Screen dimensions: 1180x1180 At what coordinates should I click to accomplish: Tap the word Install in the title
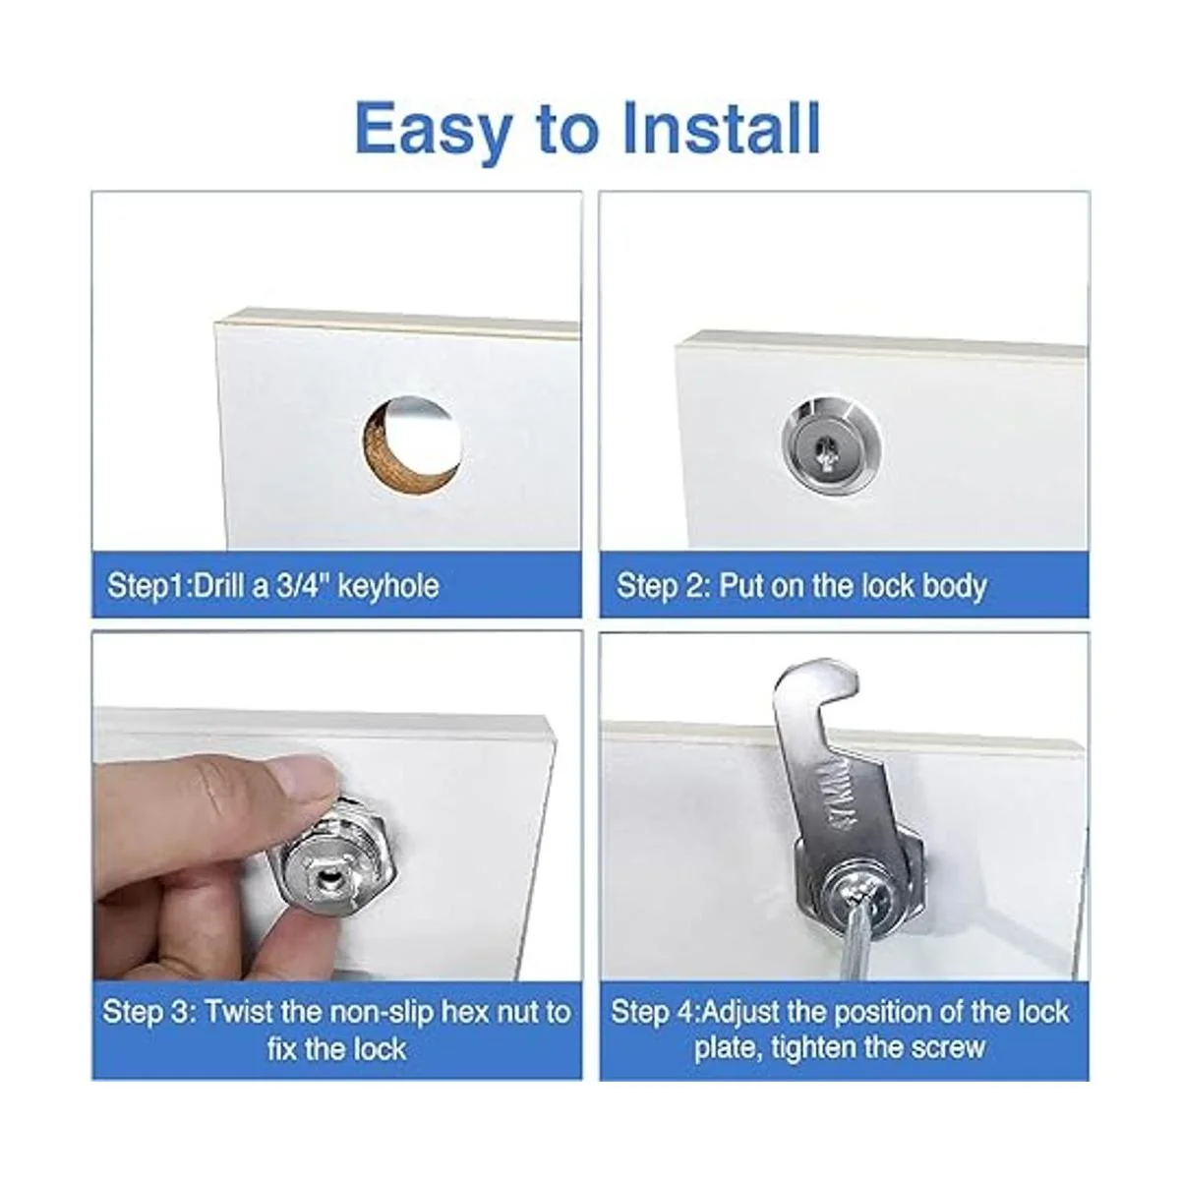[722, 128]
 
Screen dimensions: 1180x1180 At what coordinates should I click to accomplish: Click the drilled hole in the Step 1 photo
[411, 442]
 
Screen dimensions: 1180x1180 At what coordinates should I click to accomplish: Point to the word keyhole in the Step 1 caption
[388, 586]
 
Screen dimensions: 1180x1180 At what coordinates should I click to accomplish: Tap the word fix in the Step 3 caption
[282, 1049]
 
